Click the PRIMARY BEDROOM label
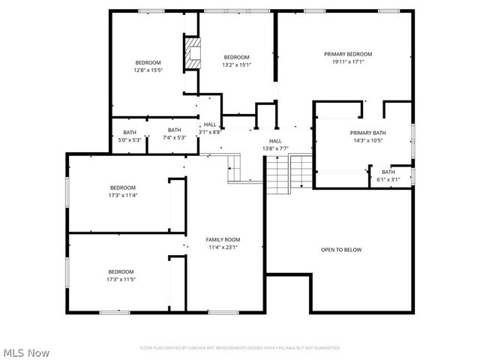(348, 54)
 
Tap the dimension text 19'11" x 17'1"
(348, 61)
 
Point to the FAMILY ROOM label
(223, 239)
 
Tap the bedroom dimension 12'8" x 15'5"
(148, 70)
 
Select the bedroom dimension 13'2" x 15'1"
(236, 64)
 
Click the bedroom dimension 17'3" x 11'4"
(123, 195)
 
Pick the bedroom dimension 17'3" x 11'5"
(121, 279)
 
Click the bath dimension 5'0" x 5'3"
(130, 139)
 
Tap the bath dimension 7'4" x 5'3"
(174, 137)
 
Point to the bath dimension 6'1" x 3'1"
(388, 179)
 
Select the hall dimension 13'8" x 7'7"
(275, 148)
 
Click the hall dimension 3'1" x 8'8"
(210, 132)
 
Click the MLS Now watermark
(26, 352)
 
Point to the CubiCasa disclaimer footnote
(239, 348)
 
